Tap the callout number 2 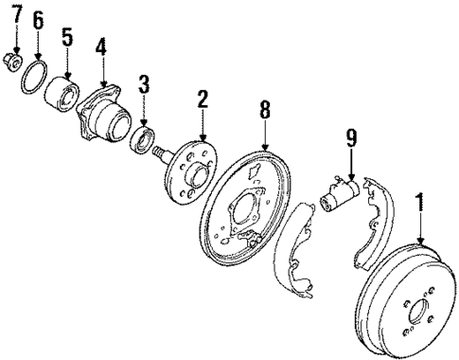(x=202, y=99)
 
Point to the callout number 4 (x=100, y=46)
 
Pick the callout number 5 (x=67, y=37)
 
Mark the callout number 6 (x=38, y=19)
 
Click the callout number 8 (x=266, y=113)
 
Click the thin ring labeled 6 (x=35, y=77)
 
